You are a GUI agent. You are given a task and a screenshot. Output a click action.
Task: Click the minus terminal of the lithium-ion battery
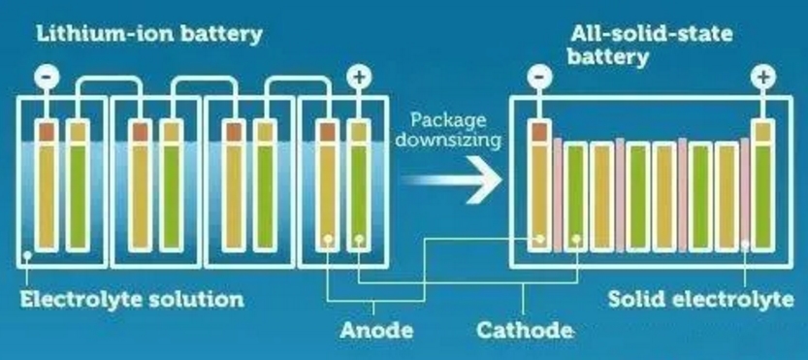(47, 78)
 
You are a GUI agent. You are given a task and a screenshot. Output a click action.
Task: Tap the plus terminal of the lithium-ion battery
(359, 78)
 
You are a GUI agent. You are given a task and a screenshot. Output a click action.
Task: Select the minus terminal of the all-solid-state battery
(539, 78)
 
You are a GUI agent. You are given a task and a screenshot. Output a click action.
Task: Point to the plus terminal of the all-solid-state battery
(763, 78)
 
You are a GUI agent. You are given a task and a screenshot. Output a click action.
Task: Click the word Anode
(376, 330)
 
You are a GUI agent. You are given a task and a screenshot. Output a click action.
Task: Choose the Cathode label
(524, 330)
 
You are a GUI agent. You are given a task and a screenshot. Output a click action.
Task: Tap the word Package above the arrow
(448, 120)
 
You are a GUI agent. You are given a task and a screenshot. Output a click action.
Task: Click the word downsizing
(448, 141)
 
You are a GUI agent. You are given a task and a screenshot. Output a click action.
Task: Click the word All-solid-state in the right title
(652, 35)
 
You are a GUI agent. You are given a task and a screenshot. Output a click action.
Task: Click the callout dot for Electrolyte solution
(27, 255)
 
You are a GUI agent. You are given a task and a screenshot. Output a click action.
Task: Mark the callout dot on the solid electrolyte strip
(745, 245)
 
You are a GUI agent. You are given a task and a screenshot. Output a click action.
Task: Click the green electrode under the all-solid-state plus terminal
(763, 195)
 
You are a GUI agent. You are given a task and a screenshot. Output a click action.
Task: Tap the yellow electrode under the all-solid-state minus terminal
(539, 195)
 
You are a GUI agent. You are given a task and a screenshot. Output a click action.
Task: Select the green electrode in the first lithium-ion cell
(78, 197)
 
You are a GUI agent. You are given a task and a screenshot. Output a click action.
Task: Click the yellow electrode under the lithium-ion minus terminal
(47, 197)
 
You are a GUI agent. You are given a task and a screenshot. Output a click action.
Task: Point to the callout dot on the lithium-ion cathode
(359, 240)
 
